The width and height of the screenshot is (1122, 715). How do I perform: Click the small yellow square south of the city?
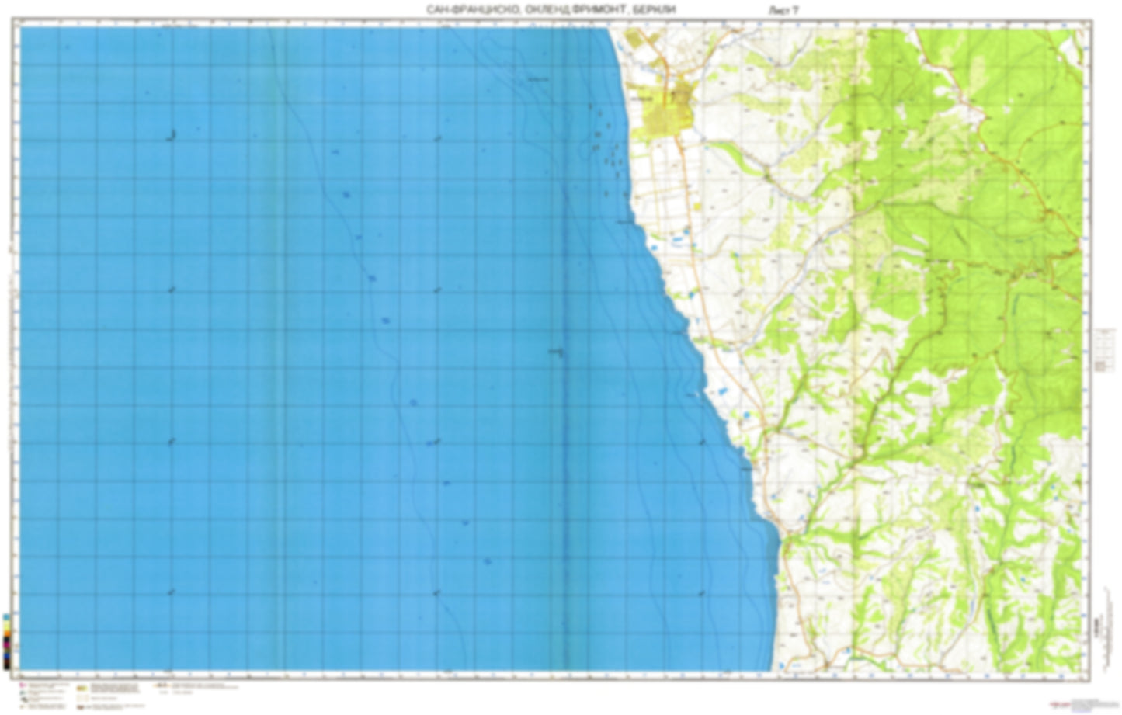click(x=696, y=207)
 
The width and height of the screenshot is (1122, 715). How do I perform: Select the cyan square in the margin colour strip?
click(x=7, y=617)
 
